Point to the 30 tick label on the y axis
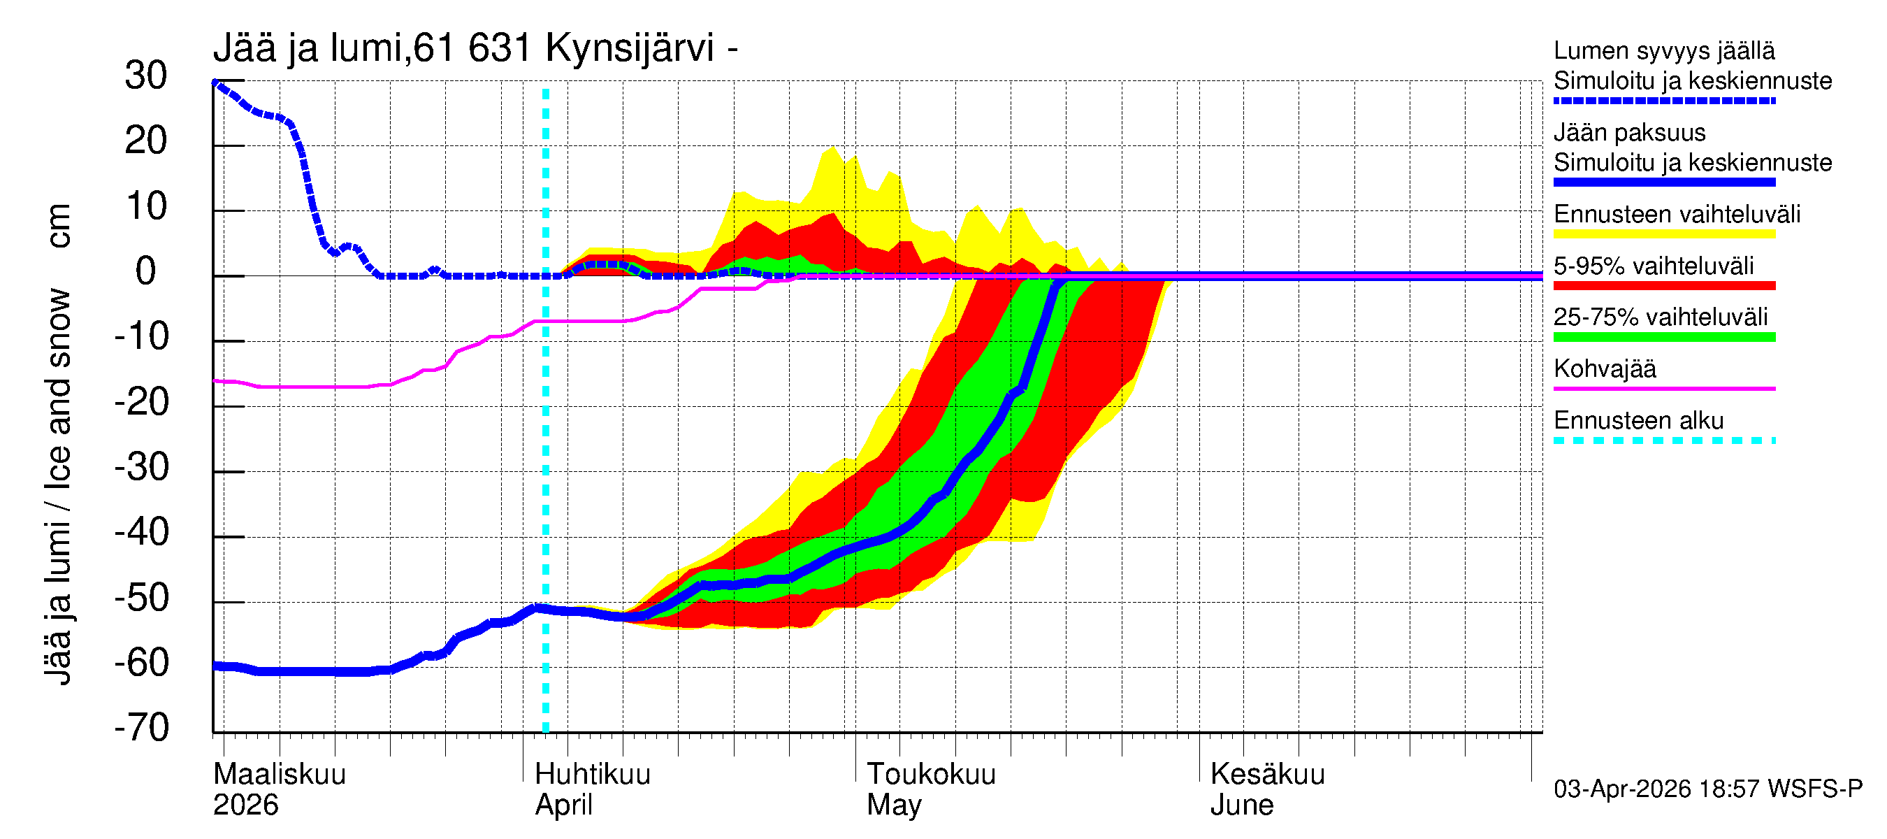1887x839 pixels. (146, 76)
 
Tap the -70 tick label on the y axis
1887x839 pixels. (142, 728)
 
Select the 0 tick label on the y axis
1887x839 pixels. (146, 271)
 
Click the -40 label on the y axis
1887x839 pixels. (142, 532)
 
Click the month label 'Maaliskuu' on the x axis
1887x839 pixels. (279, 774)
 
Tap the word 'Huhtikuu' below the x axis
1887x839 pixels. (592, 774)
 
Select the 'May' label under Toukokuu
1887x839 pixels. (894, 805)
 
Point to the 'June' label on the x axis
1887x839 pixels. (1242, 805)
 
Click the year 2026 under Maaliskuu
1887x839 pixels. (245, 805)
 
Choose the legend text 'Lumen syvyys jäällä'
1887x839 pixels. (1664, 50)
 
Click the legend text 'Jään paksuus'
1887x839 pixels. (1629, 133)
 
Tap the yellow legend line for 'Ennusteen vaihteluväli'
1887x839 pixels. (1664, 234)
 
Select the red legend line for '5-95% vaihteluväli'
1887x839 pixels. (1664, 286)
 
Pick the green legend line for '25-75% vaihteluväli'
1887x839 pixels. (1664, 337)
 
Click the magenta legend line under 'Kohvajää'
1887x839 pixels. (1664, 388)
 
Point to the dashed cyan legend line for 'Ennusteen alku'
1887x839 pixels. (1664, 440)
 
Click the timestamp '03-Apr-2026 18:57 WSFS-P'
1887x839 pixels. (1707, 789)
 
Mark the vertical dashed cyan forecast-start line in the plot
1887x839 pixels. (546, 440)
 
